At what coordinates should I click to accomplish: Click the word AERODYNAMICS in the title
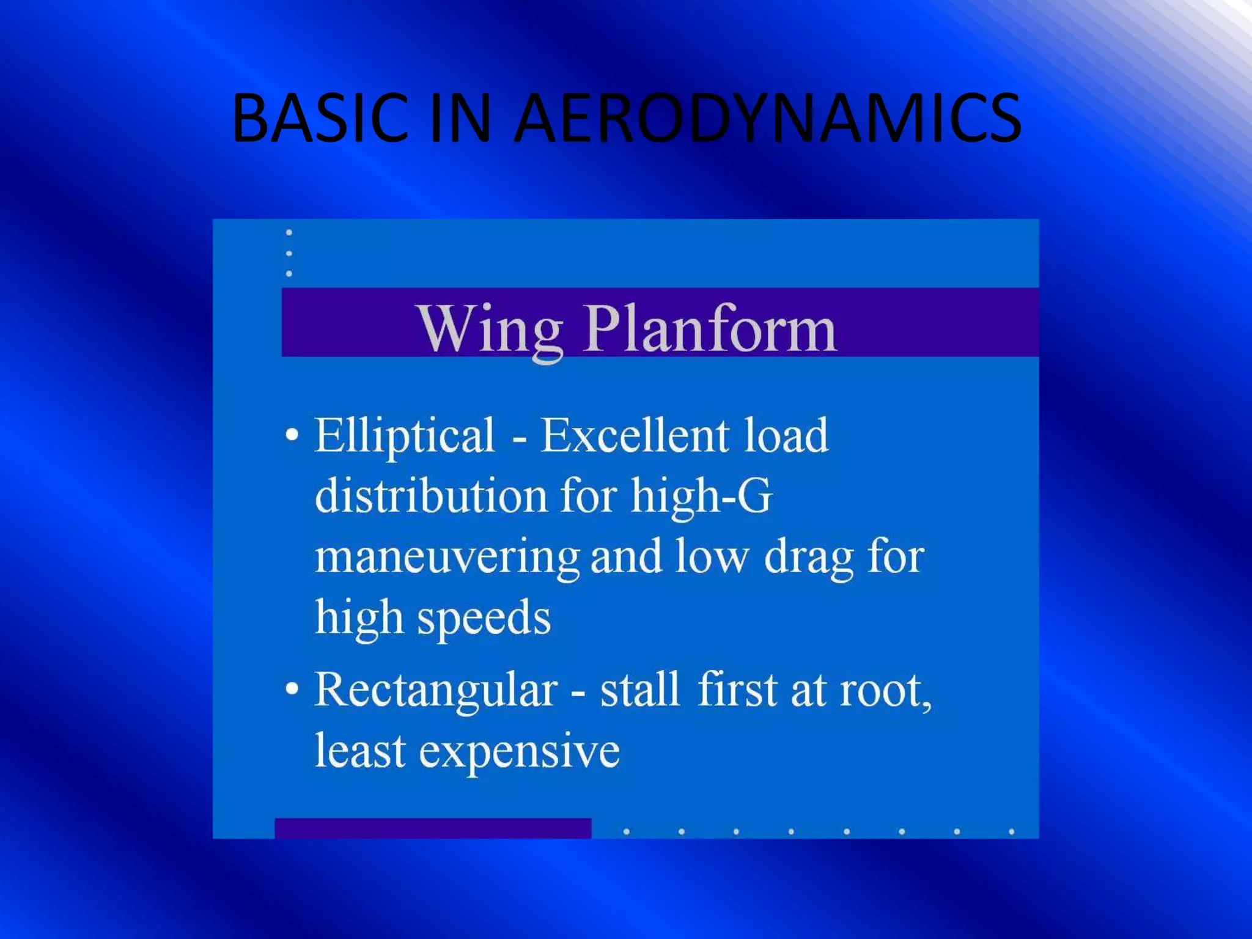[767, 117]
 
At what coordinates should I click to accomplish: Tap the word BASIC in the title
[320, 117]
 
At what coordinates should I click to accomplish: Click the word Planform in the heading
[711, 330]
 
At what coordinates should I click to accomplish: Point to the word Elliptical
[405, 435]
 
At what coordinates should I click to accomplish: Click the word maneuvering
[447, 558]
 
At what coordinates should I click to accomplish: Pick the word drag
[809, 558]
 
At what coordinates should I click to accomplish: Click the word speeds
[484, 619]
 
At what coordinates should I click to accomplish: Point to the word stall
[639, 690]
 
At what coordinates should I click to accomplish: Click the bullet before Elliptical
[293, 435]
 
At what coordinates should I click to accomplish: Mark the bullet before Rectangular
[293, 689]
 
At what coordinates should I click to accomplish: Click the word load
[786, 435]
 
